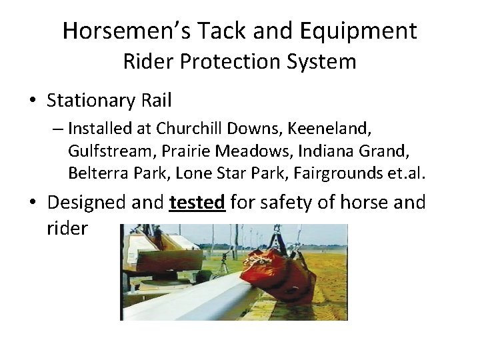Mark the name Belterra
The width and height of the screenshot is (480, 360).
coord(95,173)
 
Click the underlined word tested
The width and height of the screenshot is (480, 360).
coord(197,202)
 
